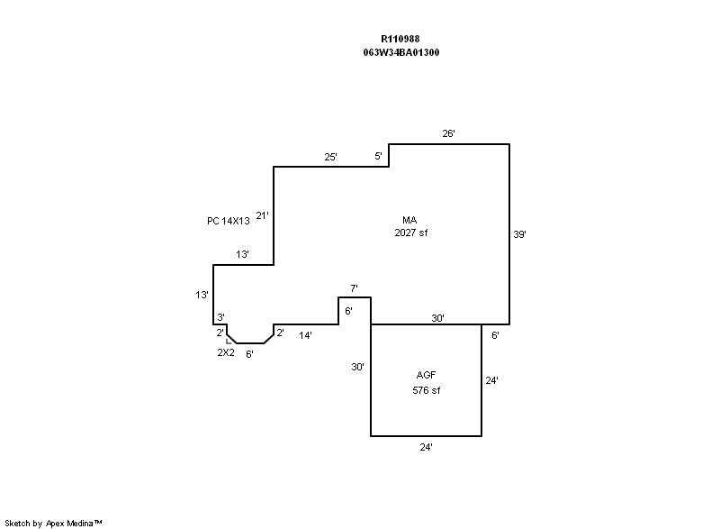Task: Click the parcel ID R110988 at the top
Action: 400,39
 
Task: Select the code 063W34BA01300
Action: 400,52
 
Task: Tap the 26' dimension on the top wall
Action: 448,133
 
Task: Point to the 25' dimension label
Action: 330,157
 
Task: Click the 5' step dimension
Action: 378,156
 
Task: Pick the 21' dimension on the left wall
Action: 262,215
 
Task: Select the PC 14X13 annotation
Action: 229,221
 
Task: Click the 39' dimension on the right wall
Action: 519,234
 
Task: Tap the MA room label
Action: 409,220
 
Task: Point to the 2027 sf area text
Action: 411,233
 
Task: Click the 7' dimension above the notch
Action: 354,288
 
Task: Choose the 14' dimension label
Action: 305,335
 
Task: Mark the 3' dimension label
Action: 220,317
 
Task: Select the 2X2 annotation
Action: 226,352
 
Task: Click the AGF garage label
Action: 426,375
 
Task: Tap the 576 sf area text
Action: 426,390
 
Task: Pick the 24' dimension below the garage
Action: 426,447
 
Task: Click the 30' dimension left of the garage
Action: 357,367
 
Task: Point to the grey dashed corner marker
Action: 229,341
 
